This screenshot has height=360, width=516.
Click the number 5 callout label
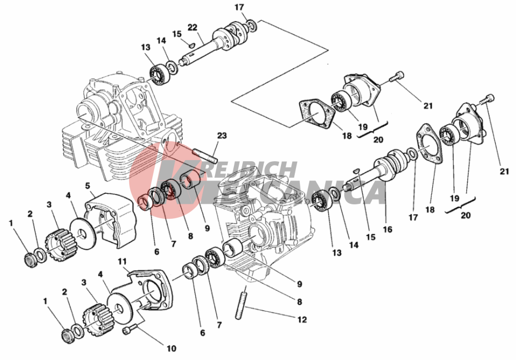tap(88, 186)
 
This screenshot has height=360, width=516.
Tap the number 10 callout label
tap(171, 348)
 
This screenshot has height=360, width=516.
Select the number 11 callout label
tap(122, 262)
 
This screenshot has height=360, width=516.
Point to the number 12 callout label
tap(302, 319)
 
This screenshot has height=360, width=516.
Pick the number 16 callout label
tap(387, 229)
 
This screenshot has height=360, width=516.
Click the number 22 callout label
tap(192, 27)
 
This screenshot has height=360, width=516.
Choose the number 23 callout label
tap(222, 136)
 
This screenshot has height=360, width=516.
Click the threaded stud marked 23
tap(205, 156)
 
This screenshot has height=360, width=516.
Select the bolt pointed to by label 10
tap(129, 330)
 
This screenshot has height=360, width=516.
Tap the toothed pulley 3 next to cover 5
tap(61, 245)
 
